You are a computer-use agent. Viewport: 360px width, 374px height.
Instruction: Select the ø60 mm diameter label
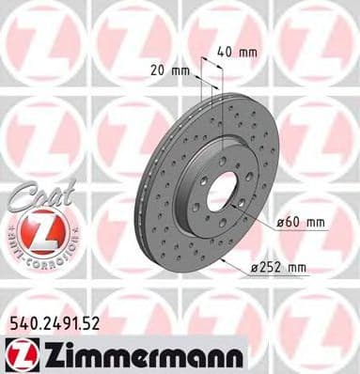coord(300,222)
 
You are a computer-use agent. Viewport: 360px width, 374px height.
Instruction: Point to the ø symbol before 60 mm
coord(281,222)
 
